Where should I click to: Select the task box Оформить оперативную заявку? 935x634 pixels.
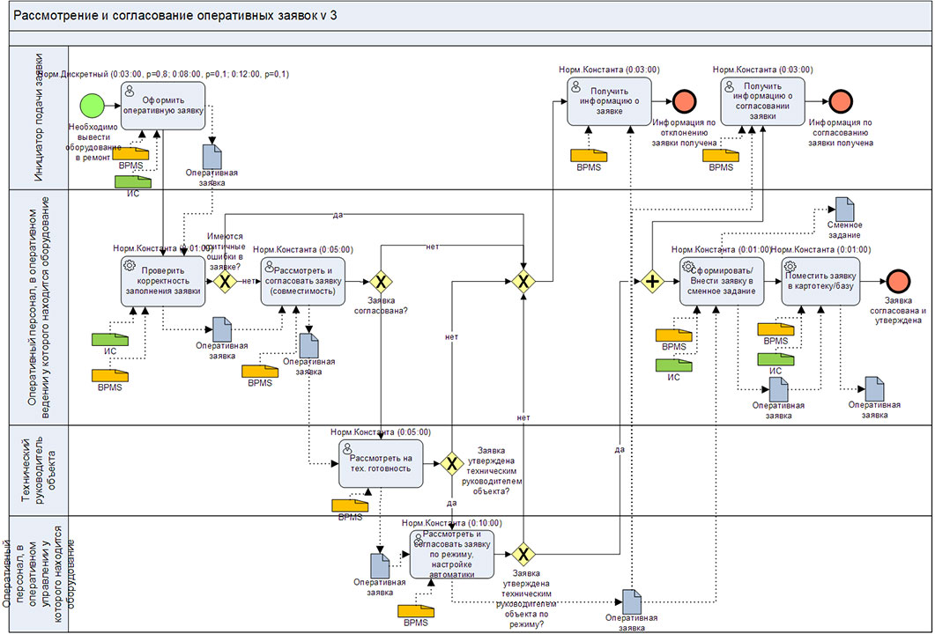(163, 105)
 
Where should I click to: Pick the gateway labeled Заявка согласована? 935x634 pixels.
(380, 282)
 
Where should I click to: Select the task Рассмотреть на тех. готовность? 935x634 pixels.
(380, 462)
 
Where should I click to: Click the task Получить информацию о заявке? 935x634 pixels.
(609, 101)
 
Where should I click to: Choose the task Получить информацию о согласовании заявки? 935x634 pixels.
(763, 101)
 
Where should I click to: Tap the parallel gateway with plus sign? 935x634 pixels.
(652, 282)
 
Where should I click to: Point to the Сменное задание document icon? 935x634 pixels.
(844, 210)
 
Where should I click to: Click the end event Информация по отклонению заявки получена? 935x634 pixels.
(683, 101)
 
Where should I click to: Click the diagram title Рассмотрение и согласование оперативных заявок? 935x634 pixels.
(176, 15)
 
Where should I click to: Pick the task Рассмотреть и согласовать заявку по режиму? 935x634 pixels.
(451, 553)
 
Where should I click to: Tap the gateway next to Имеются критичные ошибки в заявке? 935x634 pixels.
(224, 282)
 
